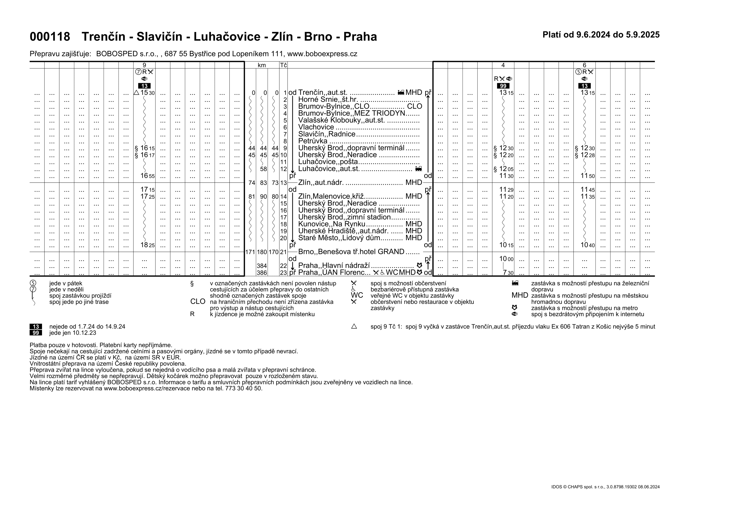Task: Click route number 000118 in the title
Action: pos(50,37)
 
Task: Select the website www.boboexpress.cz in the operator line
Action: pos(322,54)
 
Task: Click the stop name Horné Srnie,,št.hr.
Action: pos(328,100)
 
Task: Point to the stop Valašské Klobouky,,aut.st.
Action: pos(341,120)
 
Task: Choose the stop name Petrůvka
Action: pos(313,141)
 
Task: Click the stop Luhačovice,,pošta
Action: pos(328,162)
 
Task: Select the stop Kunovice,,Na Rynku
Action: pos(331,224)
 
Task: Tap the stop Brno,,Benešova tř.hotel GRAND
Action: pos(351,252)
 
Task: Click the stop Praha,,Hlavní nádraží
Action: pos(334,265)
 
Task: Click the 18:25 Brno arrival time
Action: pos(147,245)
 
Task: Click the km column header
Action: pos(262,65)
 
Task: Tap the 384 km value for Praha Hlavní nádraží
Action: pos(262,266)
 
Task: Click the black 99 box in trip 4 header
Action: pos(503,86)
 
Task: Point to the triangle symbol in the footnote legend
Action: pos(354,327)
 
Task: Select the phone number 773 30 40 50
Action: pos(243,388)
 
